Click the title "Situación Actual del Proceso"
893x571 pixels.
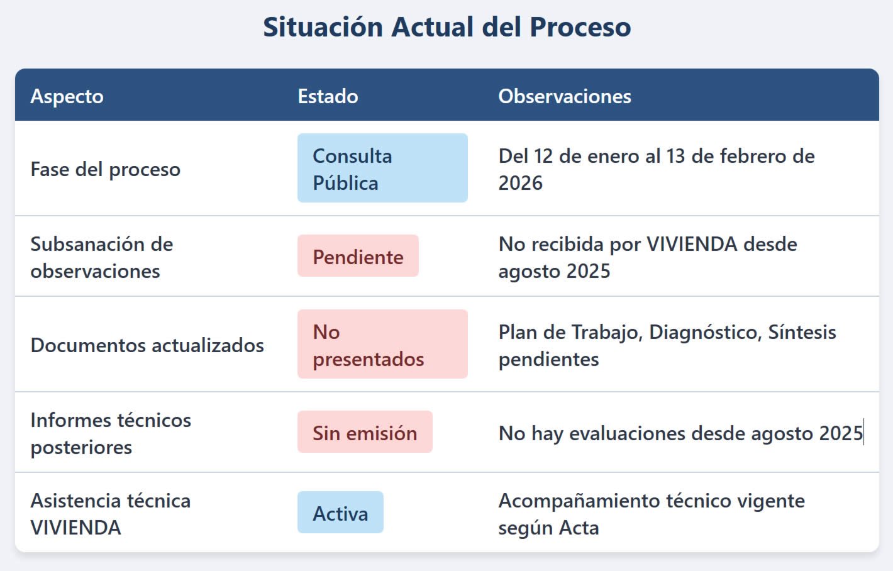click(447, 27)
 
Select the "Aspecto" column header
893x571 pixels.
click(67, 96)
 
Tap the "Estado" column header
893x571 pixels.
click(328, 96)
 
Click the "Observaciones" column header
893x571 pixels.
click(565, 96)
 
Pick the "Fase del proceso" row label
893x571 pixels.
click(106, 169)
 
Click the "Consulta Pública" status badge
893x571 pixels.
click(382, 168)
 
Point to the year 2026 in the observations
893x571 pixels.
click(520, 183)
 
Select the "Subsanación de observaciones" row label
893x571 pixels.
click(102, 258)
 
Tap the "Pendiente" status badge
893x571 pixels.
click(358, 255)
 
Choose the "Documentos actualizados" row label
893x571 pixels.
click(147, 345)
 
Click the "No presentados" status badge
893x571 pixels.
click(382, 344)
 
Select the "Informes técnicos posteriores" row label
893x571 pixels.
click(111, 434)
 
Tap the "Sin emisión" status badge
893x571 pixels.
click(365, 432)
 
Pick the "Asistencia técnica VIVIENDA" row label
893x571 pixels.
click(111, 514)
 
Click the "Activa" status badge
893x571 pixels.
click(340, 513)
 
